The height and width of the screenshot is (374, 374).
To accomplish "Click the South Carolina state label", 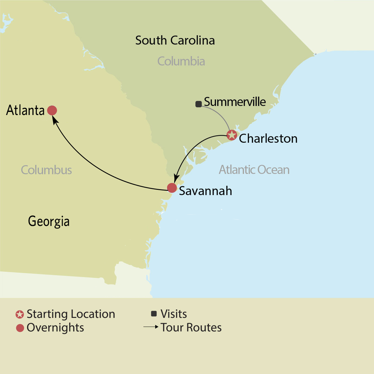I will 175,41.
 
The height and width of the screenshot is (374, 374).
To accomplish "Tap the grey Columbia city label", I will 181,61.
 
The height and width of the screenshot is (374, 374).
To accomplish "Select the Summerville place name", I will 235,102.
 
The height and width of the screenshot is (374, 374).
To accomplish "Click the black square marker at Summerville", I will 198,104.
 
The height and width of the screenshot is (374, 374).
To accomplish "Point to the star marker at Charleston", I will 232,135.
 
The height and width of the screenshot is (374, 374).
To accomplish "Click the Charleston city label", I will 268,138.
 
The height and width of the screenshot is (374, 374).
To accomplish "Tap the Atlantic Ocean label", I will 254,170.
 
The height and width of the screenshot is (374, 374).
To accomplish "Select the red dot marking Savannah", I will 172,188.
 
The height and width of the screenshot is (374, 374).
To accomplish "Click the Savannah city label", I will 205,191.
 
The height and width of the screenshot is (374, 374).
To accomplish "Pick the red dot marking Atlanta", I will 52,110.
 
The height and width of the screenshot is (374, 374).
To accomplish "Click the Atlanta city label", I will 26,110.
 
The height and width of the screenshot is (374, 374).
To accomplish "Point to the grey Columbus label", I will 46,170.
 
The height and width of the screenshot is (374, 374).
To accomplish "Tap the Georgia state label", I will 49,221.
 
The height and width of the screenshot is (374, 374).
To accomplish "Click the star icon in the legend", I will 20,314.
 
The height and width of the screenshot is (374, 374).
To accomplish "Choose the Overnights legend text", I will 55,328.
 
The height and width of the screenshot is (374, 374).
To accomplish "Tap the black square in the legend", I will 154,314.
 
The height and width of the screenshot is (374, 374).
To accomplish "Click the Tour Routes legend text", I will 191,328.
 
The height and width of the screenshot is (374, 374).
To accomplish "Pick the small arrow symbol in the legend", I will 151,327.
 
